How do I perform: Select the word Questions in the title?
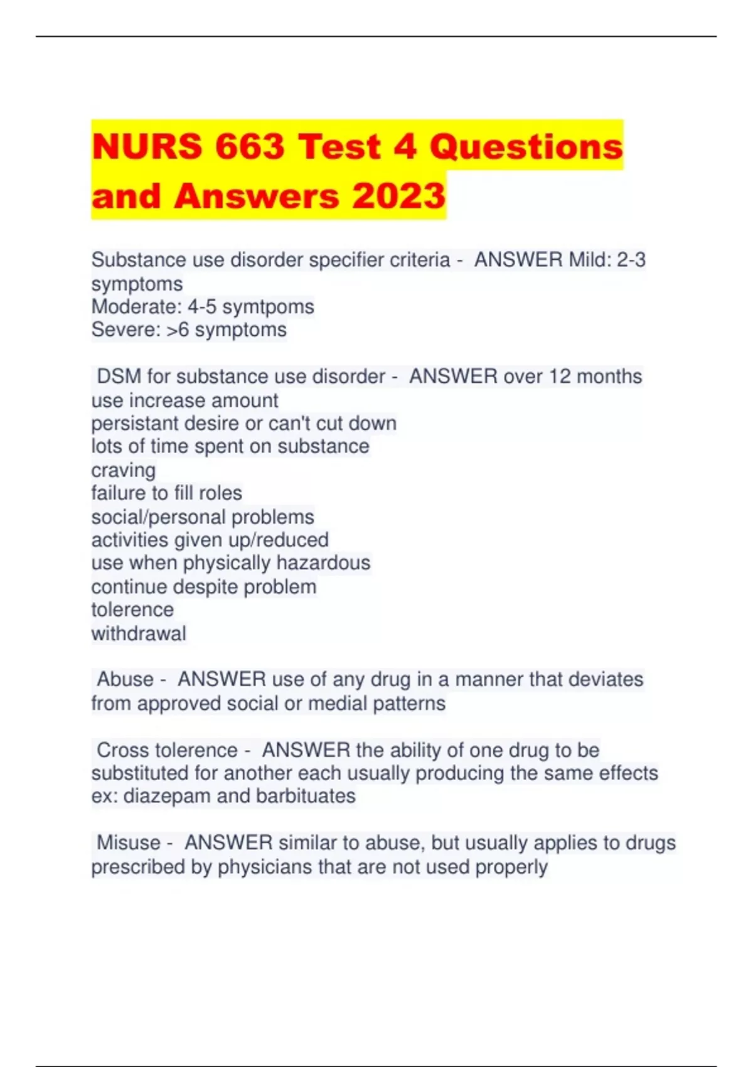coord(526,146)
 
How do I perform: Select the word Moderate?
coord(136,306)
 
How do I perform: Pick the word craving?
coord(124,470)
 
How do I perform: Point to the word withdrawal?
coord(139,633)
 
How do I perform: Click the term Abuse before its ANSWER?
coord(125,679)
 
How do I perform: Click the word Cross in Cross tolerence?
coord(122,749)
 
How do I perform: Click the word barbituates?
coord(306,796)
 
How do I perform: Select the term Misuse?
coord(129,842)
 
